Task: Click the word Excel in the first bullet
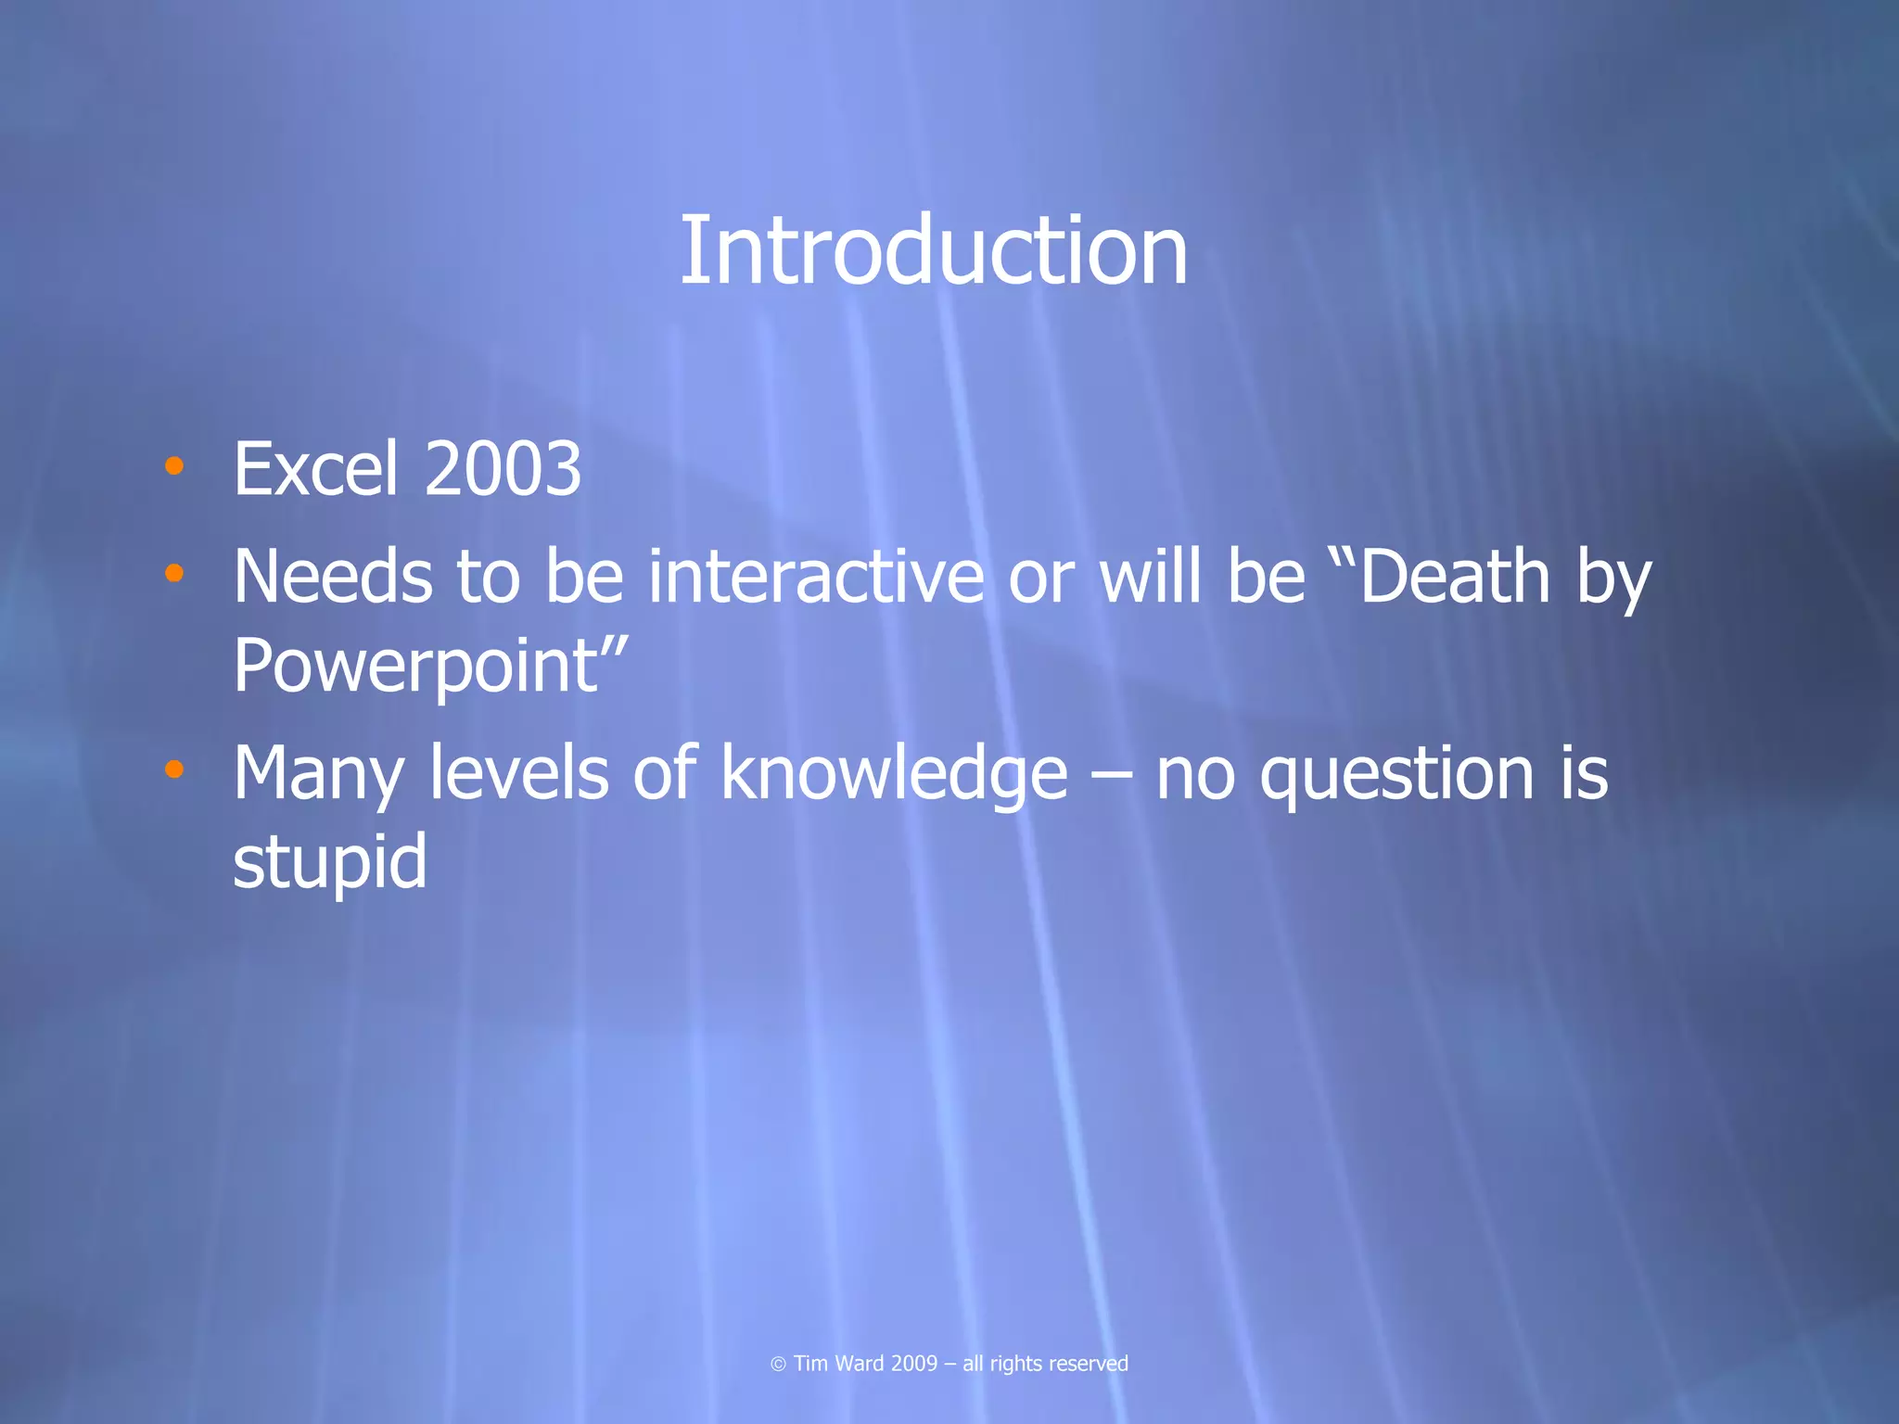coord(316,469)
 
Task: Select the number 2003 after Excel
coord(503,469)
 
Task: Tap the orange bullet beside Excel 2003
coord(173,465)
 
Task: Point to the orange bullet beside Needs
coord(173,574)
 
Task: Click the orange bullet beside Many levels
coord(173,769)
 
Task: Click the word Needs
coord(333,577)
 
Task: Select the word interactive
coord(816,577)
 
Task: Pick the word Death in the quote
coord(1454,577)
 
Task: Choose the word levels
coord(519,774)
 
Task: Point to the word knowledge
coord(894,774)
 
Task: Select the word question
coord(1396,774)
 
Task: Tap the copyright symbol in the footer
coord(779,1364)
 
